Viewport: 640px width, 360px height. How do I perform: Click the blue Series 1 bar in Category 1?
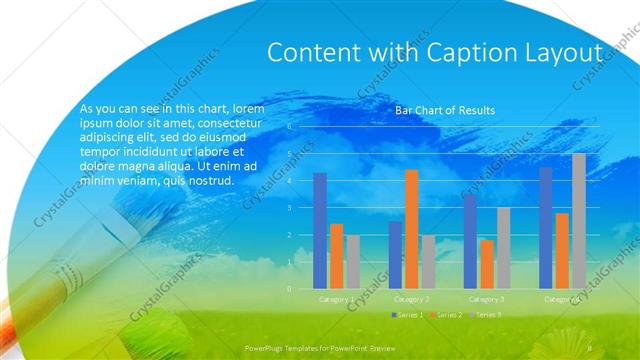click(320, 231)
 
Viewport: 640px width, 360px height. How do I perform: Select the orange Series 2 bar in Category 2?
click(412, 229)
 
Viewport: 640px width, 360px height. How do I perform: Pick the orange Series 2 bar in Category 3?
click(487, 264)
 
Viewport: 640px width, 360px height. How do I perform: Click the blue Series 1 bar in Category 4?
click(545, 228)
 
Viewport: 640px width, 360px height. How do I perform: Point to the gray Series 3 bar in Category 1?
click(353, 262)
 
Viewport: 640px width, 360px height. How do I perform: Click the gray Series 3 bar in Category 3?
click(504, 248)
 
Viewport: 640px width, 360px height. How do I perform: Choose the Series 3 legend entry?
click(486, 314)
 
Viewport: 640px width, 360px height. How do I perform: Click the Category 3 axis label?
click(487, 299)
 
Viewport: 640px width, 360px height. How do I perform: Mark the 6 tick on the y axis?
click(289, 127)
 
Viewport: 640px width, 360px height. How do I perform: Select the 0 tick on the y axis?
click(289, 289)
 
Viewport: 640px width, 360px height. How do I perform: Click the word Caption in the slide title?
click(479, 53)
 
